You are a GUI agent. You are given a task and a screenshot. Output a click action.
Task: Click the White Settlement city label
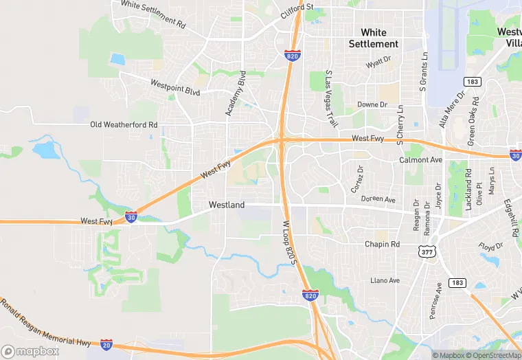(x=373, y=38)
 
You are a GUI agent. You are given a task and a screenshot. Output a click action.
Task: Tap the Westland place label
(x=227, y=205)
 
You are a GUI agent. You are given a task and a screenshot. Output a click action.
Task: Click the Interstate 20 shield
(x=106, y=344)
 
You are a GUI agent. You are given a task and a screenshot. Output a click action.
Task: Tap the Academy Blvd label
(x=235, y=96)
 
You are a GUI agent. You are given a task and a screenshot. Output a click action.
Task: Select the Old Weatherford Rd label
(x=124, y=125)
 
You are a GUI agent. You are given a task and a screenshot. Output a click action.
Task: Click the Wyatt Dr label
(x=383, y=64)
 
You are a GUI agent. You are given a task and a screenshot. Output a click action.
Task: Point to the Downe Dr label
(x=373, y=105)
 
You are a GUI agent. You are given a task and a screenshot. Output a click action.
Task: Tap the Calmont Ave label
(x=421, y=160)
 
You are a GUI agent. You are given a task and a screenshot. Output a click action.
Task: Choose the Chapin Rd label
(x=382, y=245)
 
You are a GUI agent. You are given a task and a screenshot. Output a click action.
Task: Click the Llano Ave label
(x=385, y=280)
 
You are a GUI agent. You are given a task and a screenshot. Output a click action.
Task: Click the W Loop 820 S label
(x=291, y=243)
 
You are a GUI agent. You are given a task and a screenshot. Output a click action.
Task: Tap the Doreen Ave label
(x=378, y=199)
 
